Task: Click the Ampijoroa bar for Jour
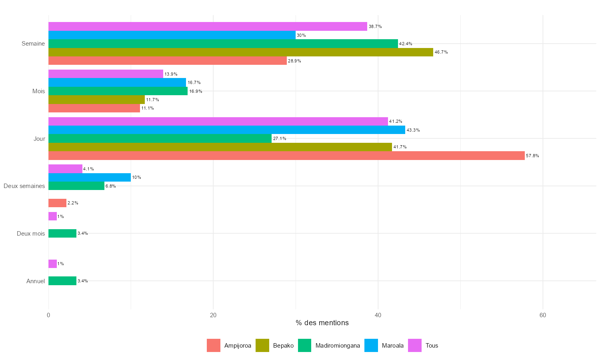286,156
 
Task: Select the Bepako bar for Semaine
241,52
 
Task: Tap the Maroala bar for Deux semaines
90,177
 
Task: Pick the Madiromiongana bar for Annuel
62,281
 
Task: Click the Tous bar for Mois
106,74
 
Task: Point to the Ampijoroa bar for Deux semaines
57,203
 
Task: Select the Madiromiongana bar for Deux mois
62,233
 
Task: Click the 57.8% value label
532,156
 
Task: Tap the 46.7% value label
441,52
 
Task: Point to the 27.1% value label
279,139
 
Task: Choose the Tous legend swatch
415,346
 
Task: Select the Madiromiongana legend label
337,346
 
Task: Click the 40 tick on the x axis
378,315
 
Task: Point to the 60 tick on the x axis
543,315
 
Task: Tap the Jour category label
39,139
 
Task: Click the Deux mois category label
31,234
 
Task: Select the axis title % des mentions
322,323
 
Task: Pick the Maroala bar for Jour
227,130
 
